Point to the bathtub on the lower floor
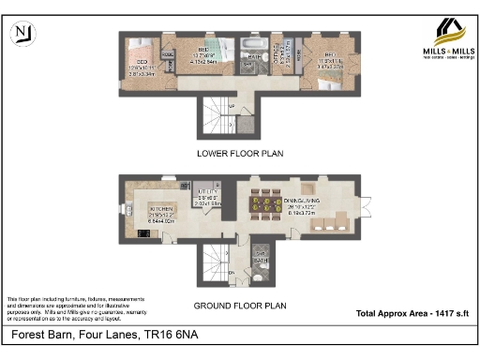[252, 43]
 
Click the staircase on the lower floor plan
[217, 112]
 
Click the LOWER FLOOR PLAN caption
[240, 153]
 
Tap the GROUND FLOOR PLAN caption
[240, 306]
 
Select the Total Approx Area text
[412, 312]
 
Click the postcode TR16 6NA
[172, 335]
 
